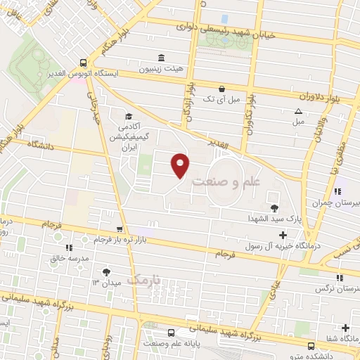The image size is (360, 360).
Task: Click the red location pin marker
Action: click(x=181, y=165)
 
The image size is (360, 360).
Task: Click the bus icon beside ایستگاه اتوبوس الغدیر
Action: click(x=84, y=62)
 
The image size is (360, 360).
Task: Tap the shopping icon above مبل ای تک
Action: click(x=222, y=89)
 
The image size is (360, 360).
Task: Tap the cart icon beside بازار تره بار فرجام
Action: click(x=120, y=229)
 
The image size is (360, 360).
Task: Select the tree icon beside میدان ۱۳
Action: click(x=105, y=271)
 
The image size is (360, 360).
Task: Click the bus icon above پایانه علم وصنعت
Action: click(x=171, y=332)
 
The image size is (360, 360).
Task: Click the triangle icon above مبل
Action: click(x=298, y=110)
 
